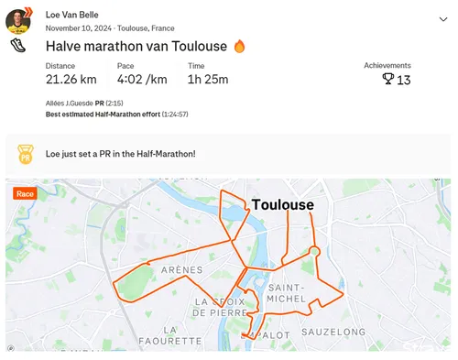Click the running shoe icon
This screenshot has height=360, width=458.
coord(18,46)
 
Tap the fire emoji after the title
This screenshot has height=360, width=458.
coord(240,46)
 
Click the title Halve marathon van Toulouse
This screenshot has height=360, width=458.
coord(137,46)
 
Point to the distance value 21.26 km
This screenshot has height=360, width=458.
coord(71,79)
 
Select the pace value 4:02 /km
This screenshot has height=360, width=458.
coord(142,79)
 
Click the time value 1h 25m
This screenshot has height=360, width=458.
coord(208,79)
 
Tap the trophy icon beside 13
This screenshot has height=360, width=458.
coord(387,80)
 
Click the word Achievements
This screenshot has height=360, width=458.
coord(387,66)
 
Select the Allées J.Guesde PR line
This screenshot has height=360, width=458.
coord(83,104)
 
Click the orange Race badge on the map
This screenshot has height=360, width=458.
coord(25,194)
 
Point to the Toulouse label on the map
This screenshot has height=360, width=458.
coord(282,205)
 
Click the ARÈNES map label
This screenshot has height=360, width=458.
coord(181,271)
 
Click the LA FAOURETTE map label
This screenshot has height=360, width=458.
coord(169,334)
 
